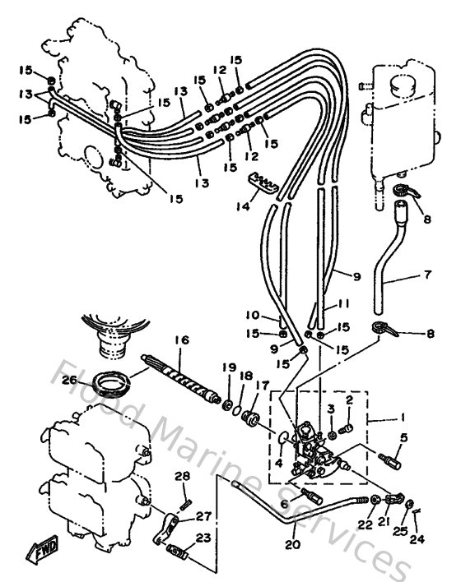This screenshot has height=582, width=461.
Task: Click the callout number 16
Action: click(x=181, y=339)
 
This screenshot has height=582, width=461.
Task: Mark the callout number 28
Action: click(x=182, y=476)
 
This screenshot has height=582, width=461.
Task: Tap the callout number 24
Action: click(x=416, y=541)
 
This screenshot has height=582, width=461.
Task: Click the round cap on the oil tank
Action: click(x=403, y=84)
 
